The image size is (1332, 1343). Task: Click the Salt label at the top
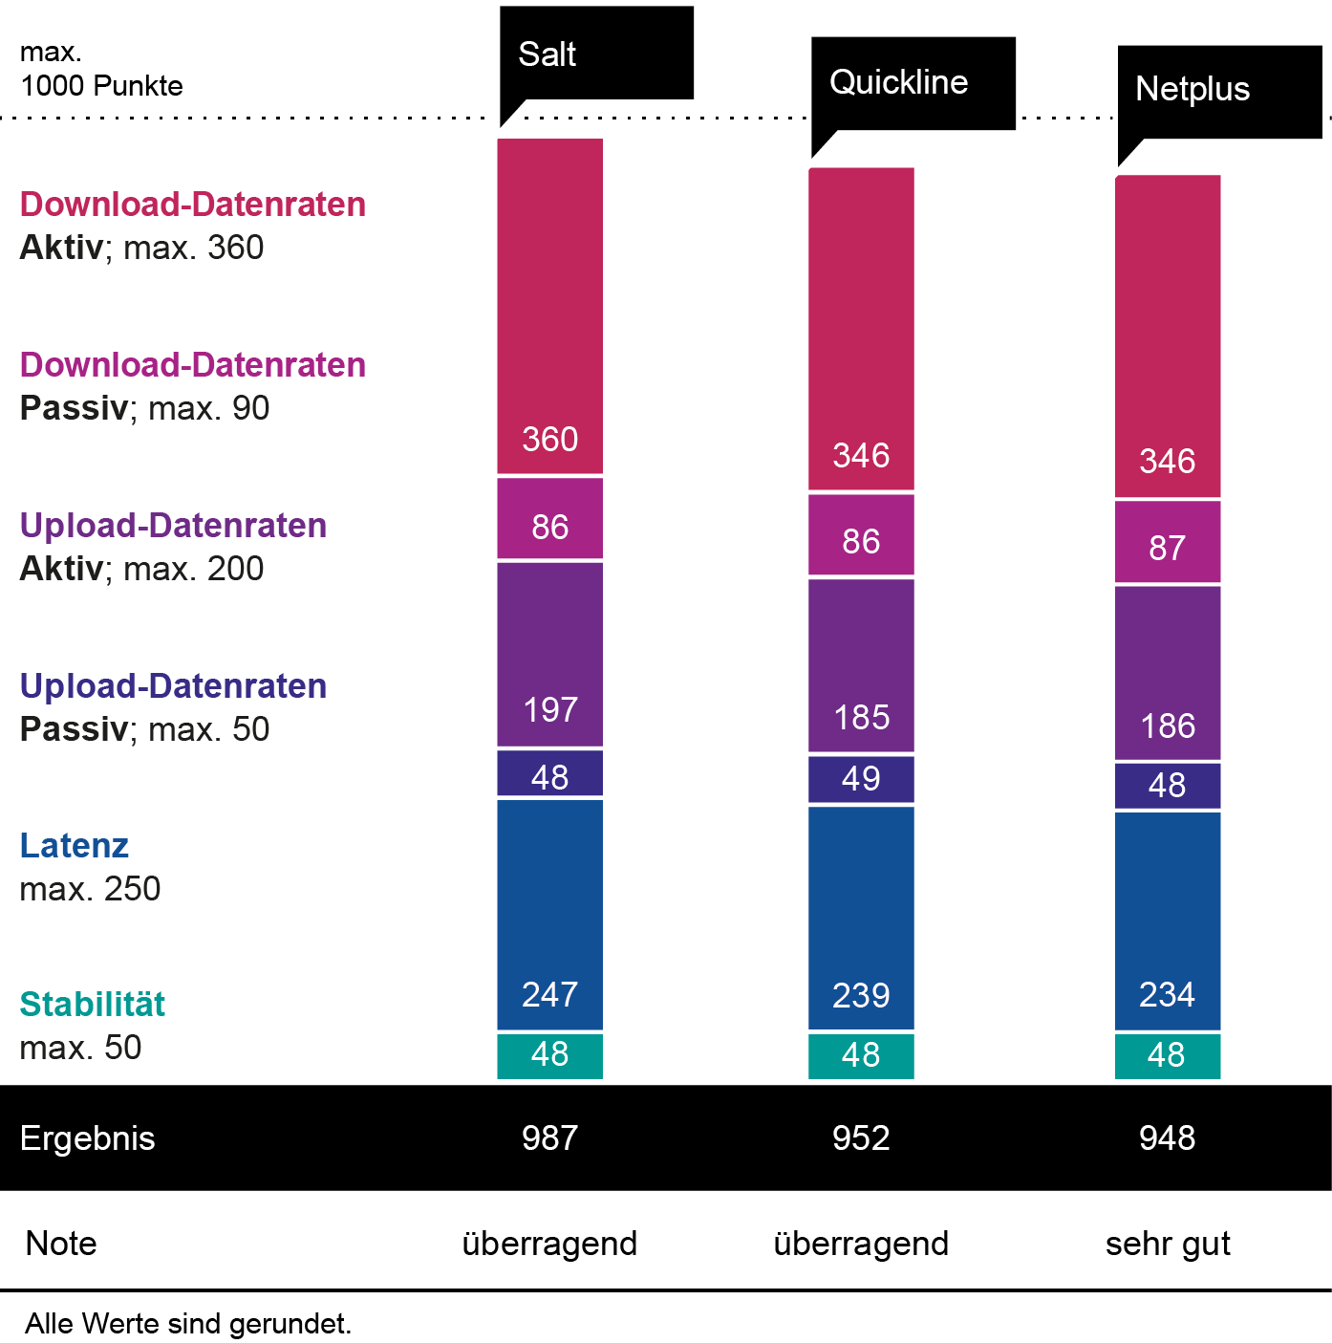point(548,54)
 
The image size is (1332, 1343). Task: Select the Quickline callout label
point(898,82)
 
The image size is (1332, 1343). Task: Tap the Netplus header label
point(1192,89)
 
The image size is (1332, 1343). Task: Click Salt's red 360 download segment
point(549,306)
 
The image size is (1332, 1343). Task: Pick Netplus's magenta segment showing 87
point(1167,542)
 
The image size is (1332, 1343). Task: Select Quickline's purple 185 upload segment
point(861,665)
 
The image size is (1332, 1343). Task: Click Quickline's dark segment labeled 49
point(861,779)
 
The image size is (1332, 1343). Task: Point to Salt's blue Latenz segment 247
point(549,914)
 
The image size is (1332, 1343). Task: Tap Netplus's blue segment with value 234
point(1167,921)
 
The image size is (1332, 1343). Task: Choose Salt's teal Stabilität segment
point(549,1055)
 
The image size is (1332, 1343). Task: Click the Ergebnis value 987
point(549,1137)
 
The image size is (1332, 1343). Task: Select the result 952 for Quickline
point(861,1137)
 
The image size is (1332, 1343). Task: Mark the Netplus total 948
point(1167,1137)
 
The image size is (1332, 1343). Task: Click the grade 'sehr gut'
point(1167,1244)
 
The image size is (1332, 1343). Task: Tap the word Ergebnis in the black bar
point(87,1138)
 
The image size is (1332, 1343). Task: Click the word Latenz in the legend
point(75,846)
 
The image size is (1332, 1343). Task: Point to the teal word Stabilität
point(93,1005)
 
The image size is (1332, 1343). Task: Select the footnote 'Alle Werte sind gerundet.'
point(188,1324)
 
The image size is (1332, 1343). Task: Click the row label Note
point(61,1244)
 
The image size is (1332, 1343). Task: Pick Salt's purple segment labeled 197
point(549,655)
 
